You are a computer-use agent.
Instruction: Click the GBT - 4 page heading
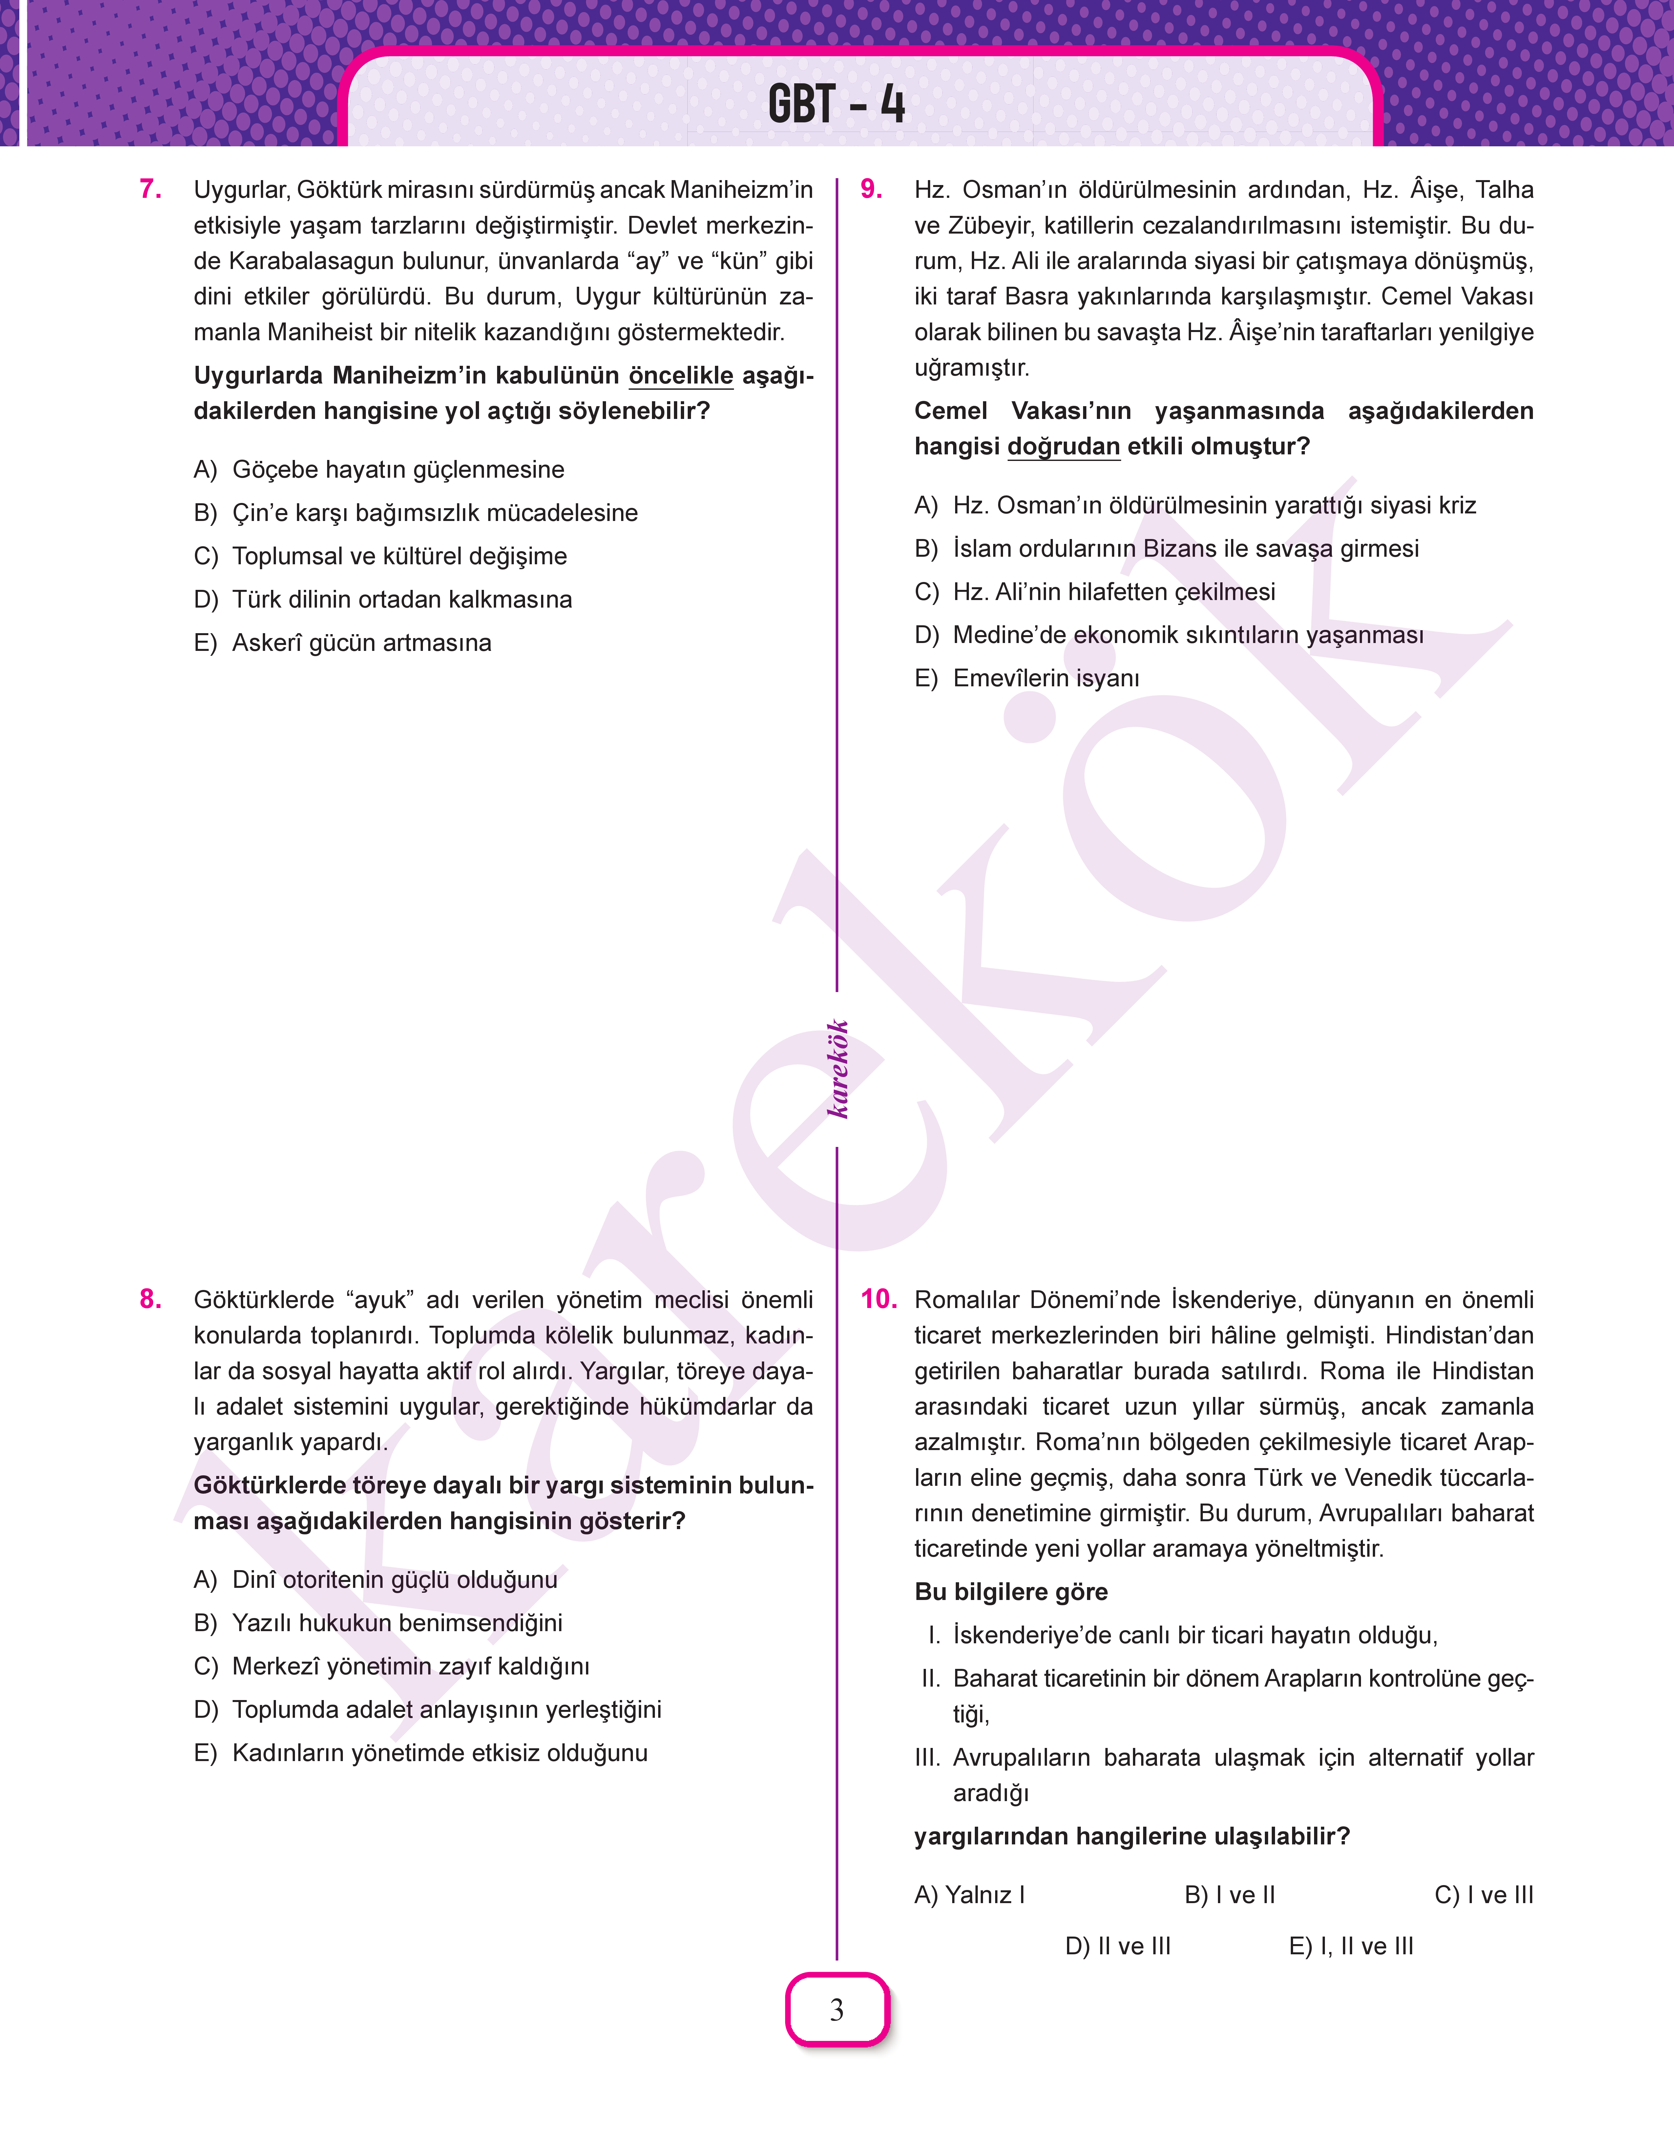click(836, 104)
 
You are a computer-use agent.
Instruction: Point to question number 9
click(871, 189)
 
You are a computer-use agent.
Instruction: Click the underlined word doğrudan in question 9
click(1063, 447)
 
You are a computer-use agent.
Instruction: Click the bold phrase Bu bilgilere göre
click(1011, 1592)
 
